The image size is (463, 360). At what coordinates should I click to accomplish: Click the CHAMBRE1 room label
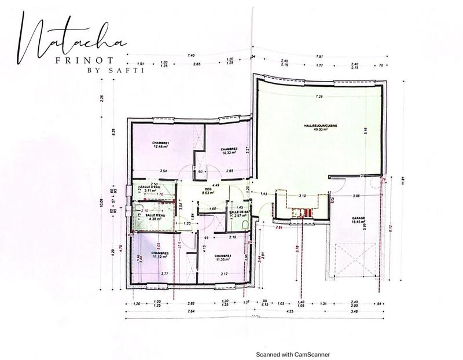160,142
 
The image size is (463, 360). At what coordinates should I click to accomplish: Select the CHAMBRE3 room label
160,254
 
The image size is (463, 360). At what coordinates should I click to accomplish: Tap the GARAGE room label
358,219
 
